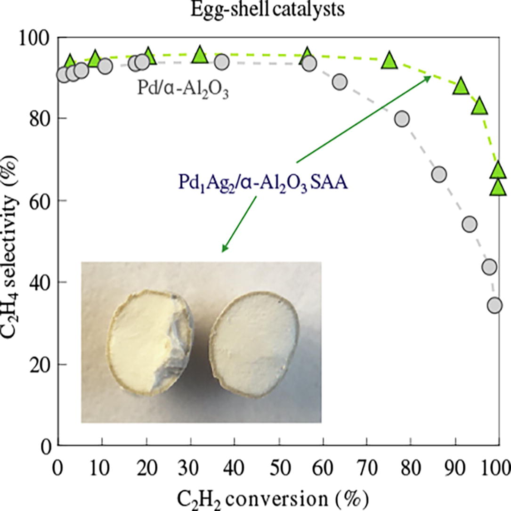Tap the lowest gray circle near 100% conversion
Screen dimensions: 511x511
(x=495, y=305)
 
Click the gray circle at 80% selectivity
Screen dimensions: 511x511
(x=402, y=118)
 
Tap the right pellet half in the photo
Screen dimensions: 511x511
(x=254, y=339)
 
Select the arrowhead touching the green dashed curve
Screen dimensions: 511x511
(x=429, y=78)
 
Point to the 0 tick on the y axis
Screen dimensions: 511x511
(x=47, y=445)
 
